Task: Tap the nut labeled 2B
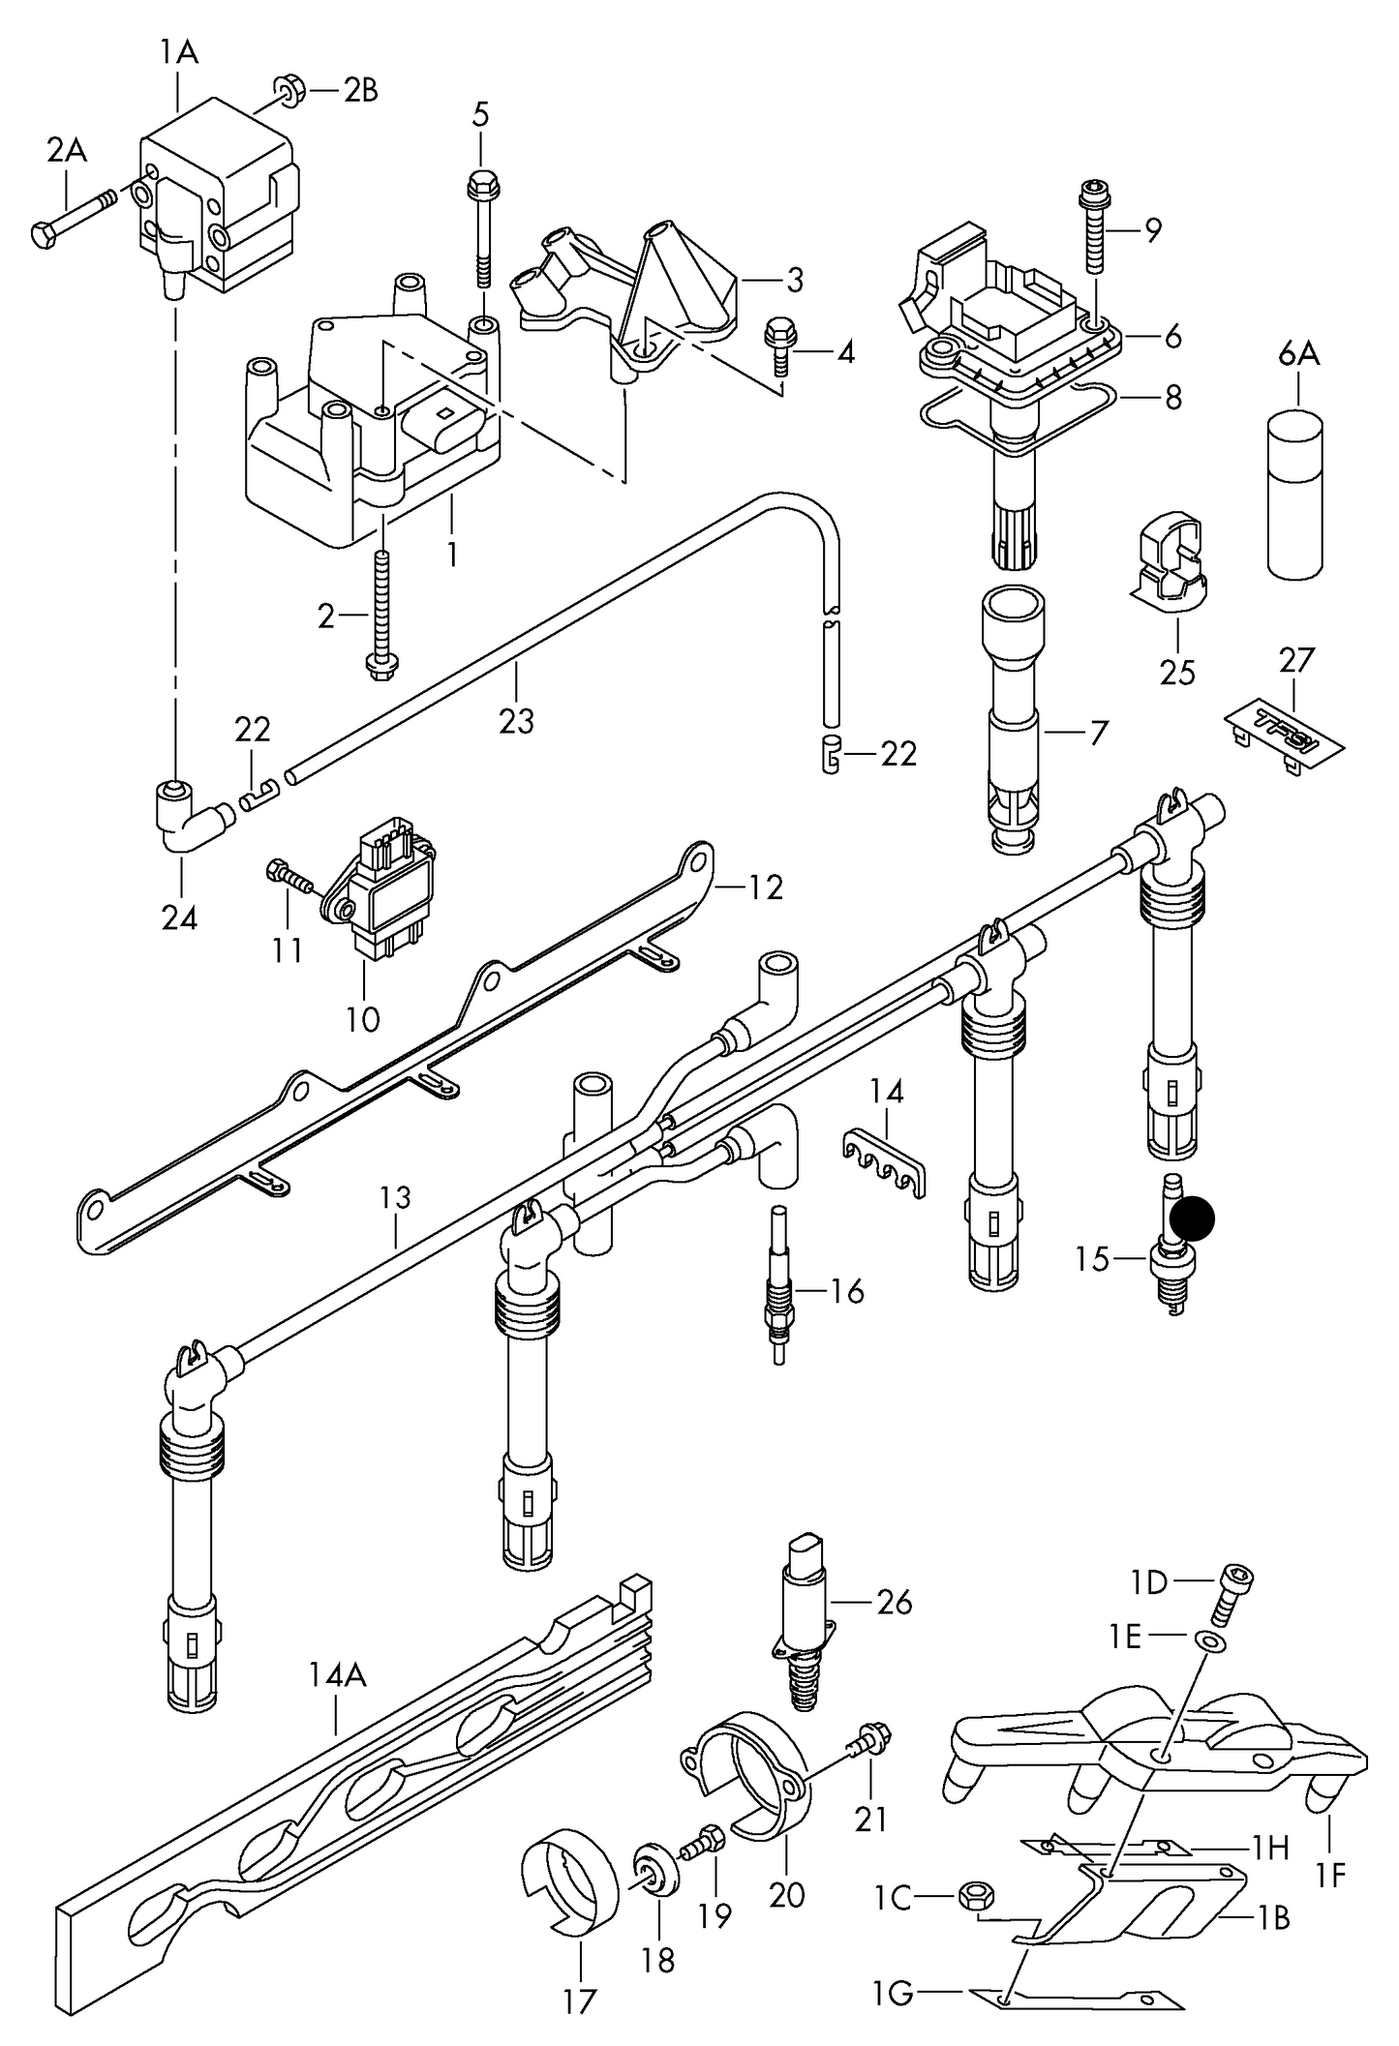pos(289,91)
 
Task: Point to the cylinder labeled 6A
pos(1294,495)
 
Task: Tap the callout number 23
pos(516,721)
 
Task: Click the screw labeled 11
pos(288,875)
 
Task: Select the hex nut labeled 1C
pos(972,1896)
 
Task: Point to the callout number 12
pos(765,887)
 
